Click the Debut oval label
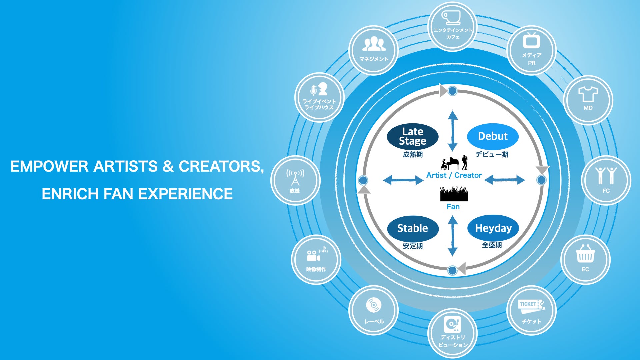point(493,136)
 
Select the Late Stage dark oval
point(412,136)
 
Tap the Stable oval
point(413,228)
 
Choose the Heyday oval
point(493,228)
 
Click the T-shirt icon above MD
point(588,94)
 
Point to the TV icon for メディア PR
point(531,41)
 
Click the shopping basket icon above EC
point(585,254)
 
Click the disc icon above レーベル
point(374,305)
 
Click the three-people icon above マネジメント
point(374,44)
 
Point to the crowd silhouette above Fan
point(454,194)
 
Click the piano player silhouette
point(449,164)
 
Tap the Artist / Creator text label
point(454,175)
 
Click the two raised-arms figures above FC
point(606,176)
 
